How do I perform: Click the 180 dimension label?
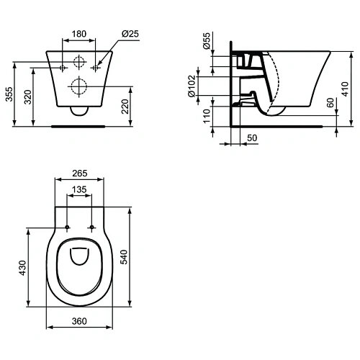coord(79,34)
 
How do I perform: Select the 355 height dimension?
coord(9,91)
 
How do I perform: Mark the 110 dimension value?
coord(206,115)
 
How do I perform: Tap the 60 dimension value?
coord(329,103)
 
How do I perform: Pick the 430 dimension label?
coord(22,268)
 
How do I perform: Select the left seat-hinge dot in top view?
coord(67,228)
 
